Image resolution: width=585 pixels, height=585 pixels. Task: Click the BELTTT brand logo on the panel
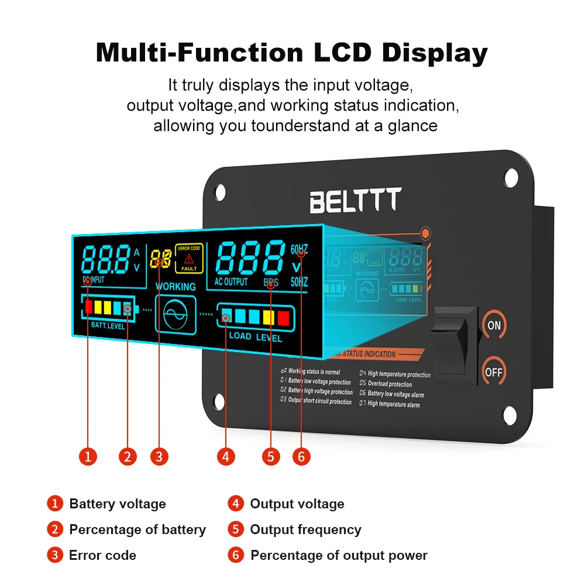click(x=355, y=201)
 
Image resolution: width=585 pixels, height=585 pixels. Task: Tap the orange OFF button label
click(x=494, y=372)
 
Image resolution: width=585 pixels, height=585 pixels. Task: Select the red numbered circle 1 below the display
click(x=88, y=456)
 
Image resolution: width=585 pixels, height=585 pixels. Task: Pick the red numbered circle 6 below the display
click(x=301, y=456)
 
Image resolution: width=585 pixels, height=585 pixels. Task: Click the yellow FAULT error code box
click(x=189, y=258)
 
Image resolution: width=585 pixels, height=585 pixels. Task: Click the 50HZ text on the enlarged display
click(x=299, y=282)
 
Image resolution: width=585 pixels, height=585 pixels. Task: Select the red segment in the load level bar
click(x=283, y=318)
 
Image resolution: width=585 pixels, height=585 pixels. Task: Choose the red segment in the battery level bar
click(x=89, y=306)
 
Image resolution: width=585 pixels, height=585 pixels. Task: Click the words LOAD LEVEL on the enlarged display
click(x=255, y=337)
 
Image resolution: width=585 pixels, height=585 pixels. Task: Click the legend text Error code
click(x=102, y=555)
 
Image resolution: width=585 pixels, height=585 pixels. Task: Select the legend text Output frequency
click(x=305, y=529)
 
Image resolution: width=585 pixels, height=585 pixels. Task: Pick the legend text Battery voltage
click(x=117, y=504)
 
